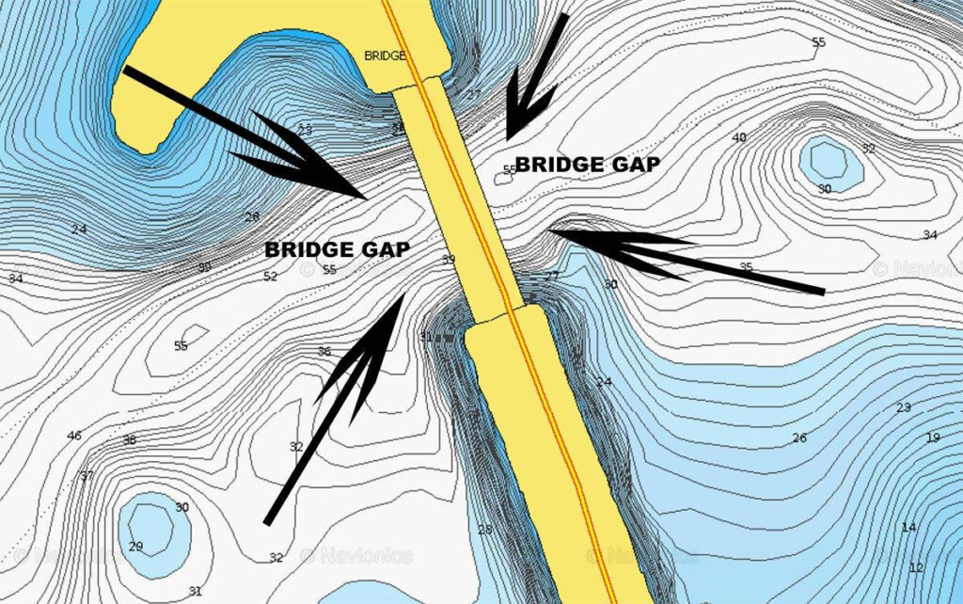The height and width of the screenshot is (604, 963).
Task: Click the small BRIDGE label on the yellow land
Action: [x=385, y=56]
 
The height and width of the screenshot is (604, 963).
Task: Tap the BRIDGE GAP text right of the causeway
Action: [x=588, y=165]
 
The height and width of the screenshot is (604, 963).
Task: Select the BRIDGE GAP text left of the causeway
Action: [x=338, y=249]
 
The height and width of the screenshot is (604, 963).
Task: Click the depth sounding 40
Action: [x=739, y=138]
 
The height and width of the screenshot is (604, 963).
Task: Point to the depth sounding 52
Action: [x=270, y=277]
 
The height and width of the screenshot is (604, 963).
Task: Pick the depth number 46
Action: [x=74, y=436]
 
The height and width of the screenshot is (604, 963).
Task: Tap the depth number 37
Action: [x=87, y=475]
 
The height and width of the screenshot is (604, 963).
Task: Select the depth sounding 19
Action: [x=932, y=437]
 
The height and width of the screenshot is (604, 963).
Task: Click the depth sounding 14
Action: [x=908, y=527]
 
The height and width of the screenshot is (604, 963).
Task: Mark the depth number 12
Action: [x=916, y=567]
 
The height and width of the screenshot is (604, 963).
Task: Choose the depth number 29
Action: [x=135, y=547]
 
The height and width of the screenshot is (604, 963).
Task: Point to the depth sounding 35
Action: [x=746, y=268]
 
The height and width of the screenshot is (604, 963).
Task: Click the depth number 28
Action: [x=484, y=530]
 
